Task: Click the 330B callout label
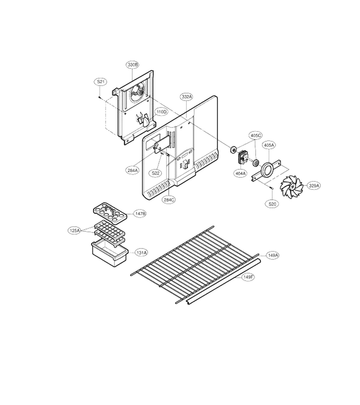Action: tap(132, 64)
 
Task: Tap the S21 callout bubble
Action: tap(100, 82)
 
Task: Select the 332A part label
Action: tap(187, 97)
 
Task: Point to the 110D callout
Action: tap(162, 112)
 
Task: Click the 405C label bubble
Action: tap(255, 135)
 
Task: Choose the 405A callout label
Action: tap(269, 145)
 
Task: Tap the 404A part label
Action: tap(240, 174)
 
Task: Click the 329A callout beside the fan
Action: tap(314, 185)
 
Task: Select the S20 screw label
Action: tap(272, 204)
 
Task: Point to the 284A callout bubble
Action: tap(133, 170)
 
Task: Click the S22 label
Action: tap(155, 173)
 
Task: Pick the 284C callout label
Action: tap(169, 199)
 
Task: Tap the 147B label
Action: tap(140, 214)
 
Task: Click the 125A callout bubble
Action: tap(75, 231)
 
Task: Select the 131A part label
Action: tap(141, 253)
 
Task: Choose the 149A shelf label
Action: tap(273, 255)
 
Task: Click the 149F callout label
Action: tap(248, 277)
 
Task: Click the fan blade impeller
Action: tap(292, 187)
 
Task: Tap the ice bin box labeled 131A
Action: tap(110, 254)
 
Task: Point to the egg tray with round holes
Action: tap(110, 213)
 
